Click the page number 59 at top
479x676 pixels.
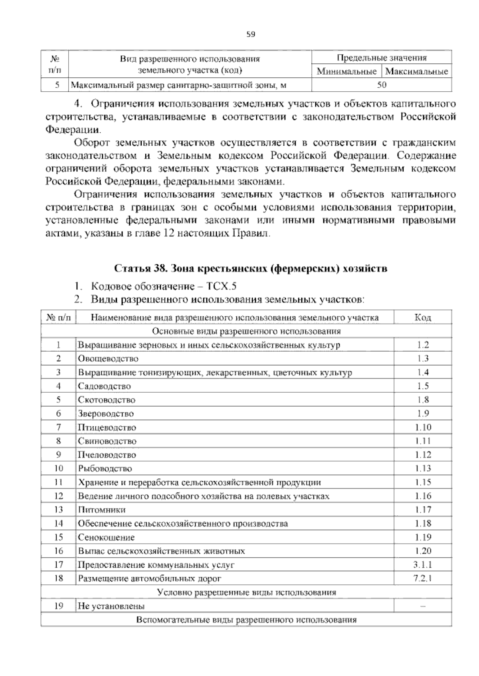click(251, 34)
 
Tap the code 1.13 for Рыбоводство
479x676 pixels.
click(423, 468)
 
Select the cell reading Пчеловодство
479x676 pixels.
click(107, 455)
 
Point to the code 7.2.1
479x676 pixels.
click(423, 578)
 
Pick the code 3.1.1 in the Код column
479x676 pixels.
click(423, 564)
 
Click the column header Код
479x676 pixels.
click(423, 318)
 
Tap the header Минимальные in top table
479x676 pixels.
click(346, 72)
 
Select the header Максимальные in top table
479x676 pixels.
click(417, 72)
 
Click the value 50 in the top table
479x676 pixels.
click(382, 84)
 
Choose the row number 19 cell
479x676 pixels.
click(59, 606)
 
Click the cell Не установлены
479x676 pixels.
click(111, 606)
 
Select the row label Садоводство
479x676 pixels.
click(104, 386)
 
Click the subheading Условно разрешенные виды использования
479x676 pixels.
click(246, 592)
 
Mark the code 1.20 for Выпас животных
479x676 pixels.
click(423, 551)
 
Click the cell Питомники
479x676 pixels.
click(102, 510)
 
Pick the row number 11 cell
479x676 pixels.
click(59, 482)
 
